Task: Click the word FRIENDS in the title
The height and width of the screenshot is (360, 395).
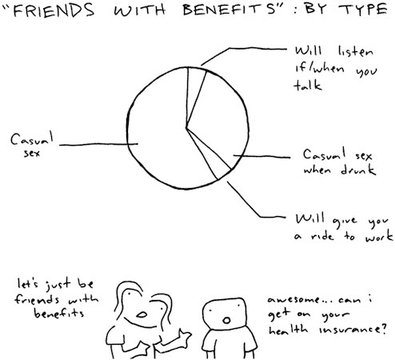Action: (x=54, y=10)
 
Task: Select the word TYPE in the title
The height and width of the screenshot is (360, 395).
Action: (x=363, y=10)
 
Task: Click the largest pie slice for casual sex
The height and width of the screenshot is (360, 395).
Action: (x=160, y=128)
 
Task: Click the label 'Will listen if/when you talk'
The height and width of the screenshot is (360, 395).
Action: (x=335, y=68)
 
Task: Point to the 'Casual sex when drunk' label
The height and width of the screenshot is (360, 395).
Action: (x=339, y=162)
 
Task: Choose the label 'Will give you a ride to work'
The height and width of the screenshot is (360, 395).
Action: (x=344, y=227)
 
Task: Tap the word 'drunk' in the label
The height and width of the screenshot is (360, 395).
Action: (x=358, y=170)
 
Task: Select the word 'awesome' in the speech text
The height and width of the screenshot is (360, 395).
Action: (x=293, y=300)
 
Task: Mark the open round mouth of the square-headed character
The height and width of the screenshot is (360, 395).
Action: (x=226, y=320)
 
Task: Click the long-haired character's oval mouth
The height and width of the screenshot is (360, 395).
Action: (x=142, y=315)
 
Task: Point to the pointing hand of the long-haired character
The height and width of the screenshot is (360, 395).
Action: (x=185, y=337)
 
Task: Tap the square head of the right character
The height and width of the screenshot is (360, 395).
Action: (x=224, y=314)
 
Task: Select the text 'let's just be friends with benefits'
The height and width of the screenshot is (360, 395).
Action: (x=57, y=298)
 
